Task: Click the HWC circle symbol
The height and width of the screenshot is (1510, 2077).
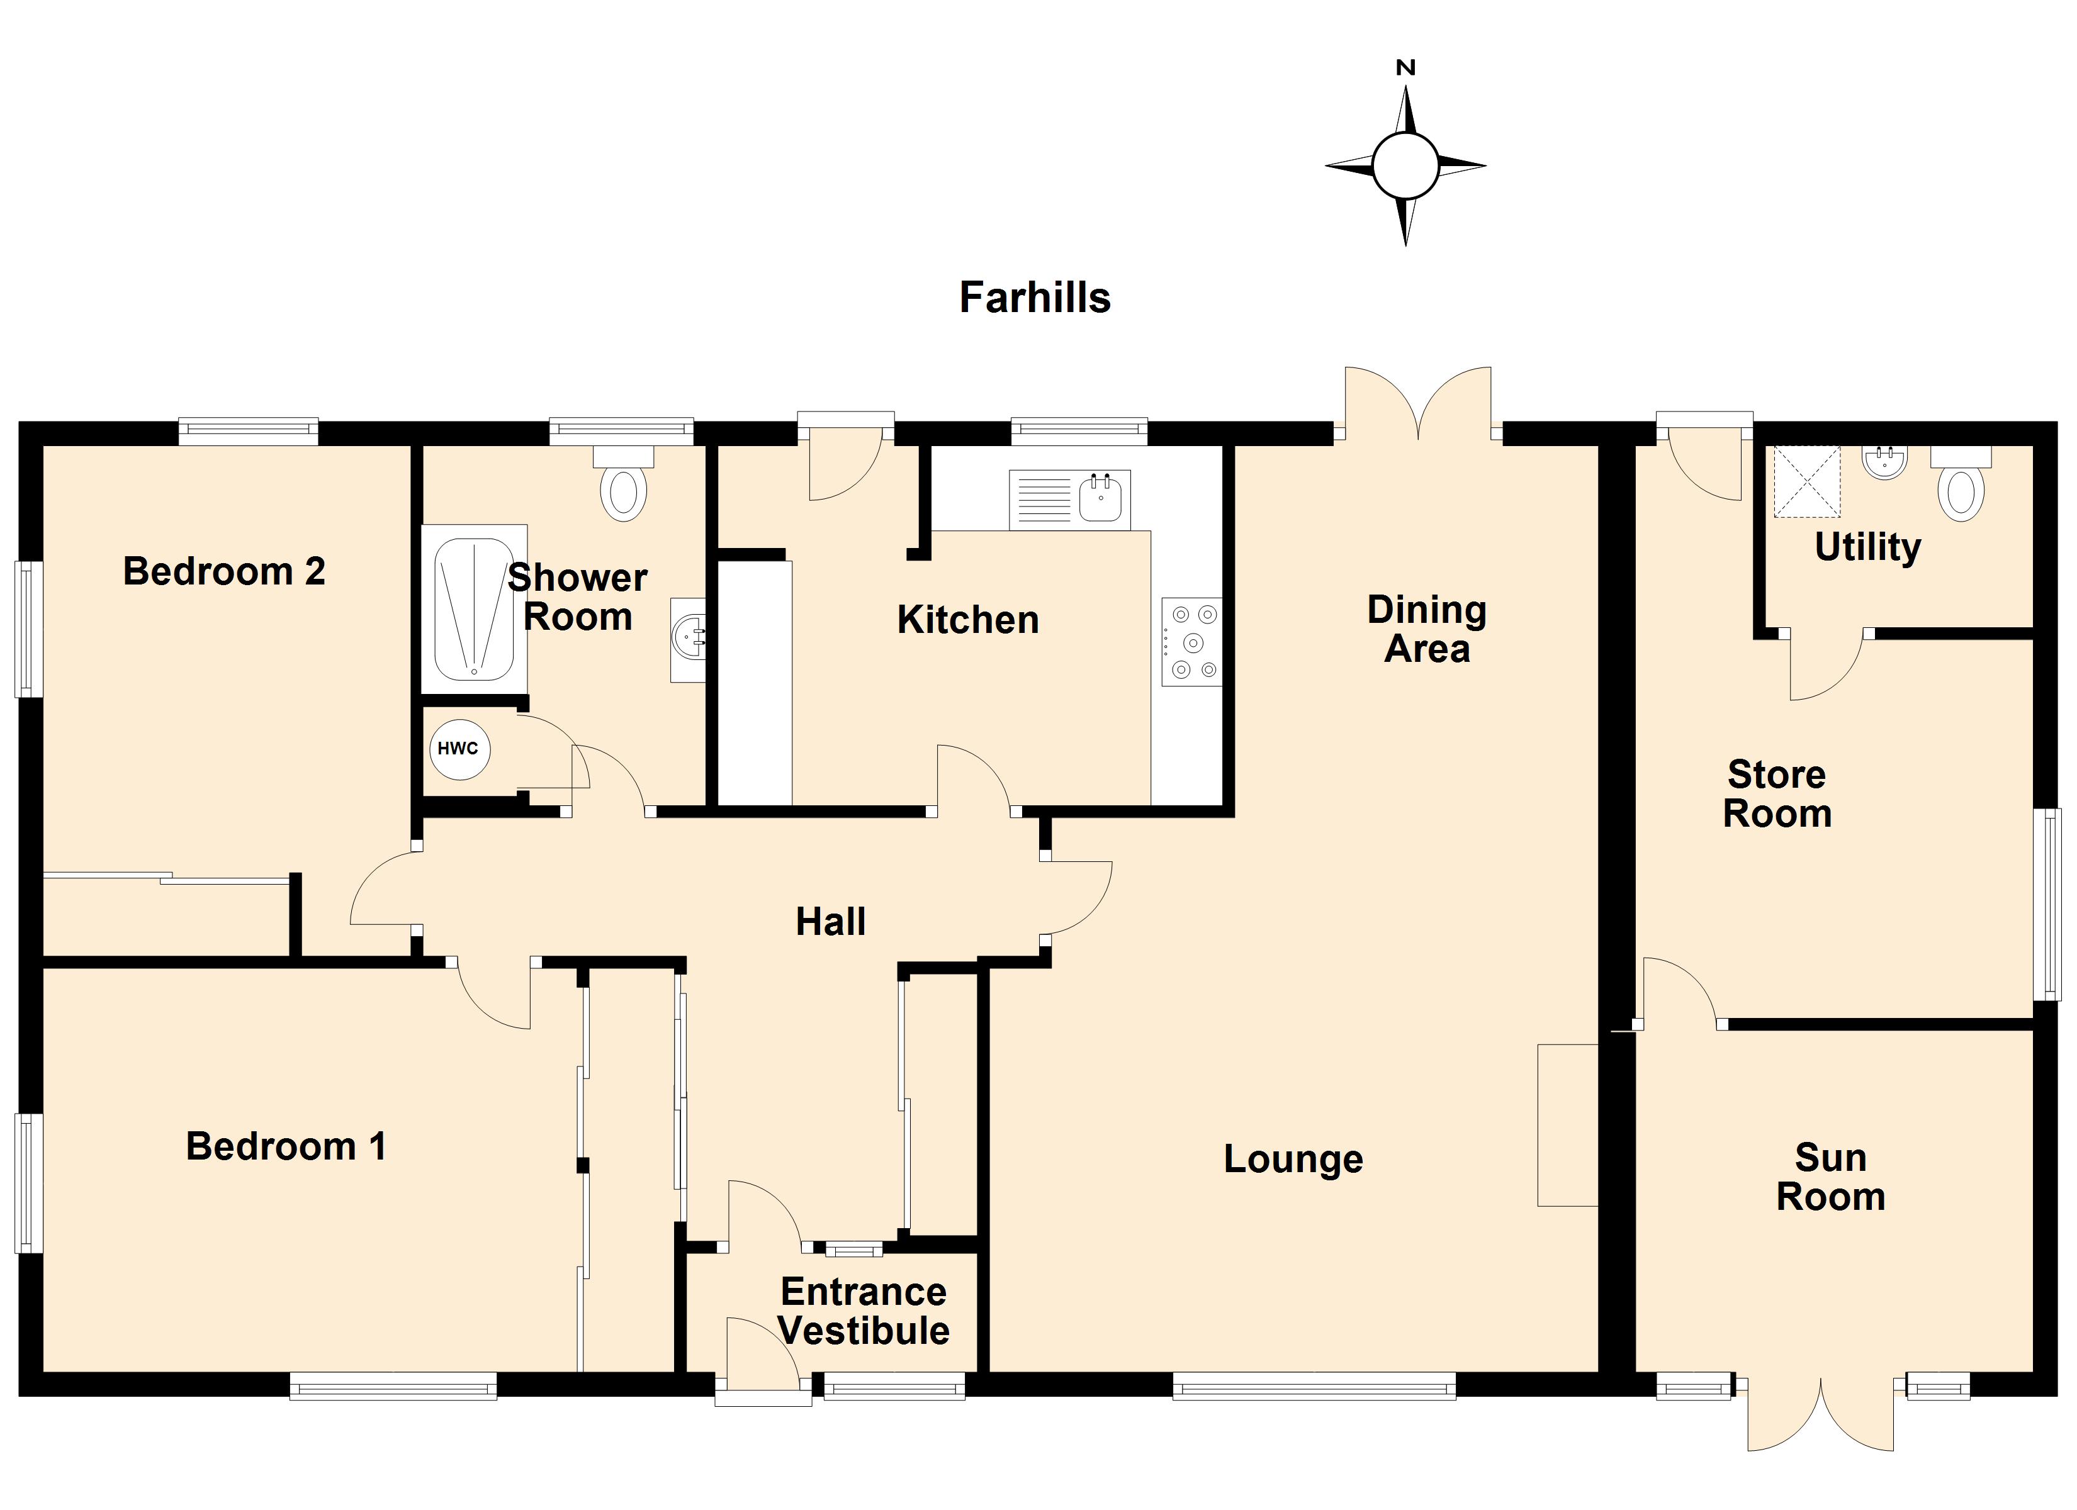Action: [459, 749]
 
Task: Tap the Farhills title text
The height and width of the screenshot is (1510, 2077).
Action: [1034, 298]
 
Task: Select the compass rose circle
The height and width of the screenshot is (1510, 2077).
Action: [1405, 165]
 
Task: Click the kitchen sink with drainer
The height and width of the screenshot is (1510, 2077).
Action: [1069, 500]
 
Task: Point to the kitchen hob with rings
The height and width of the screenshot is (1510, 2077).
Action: [1191, 642]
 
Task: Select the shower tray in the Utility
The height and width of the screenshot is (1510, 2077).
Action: [1807, 482]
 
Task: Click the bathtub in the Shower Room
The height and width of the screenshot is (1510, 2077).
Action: [473, 609]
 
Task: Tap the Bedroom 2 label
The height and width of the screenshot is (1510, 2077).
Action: [224, 571]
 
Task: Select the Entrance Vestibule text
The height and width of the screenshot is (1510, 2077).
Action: [864, 1311]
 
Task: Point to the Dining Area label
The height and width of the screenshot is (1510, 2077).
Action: [1427, 629]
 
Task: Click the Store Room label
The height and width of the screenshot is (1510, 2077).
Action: [1777, 794]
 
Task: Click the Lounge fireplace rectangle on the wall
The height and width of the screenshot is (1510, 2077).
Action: [1567, 1126]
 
